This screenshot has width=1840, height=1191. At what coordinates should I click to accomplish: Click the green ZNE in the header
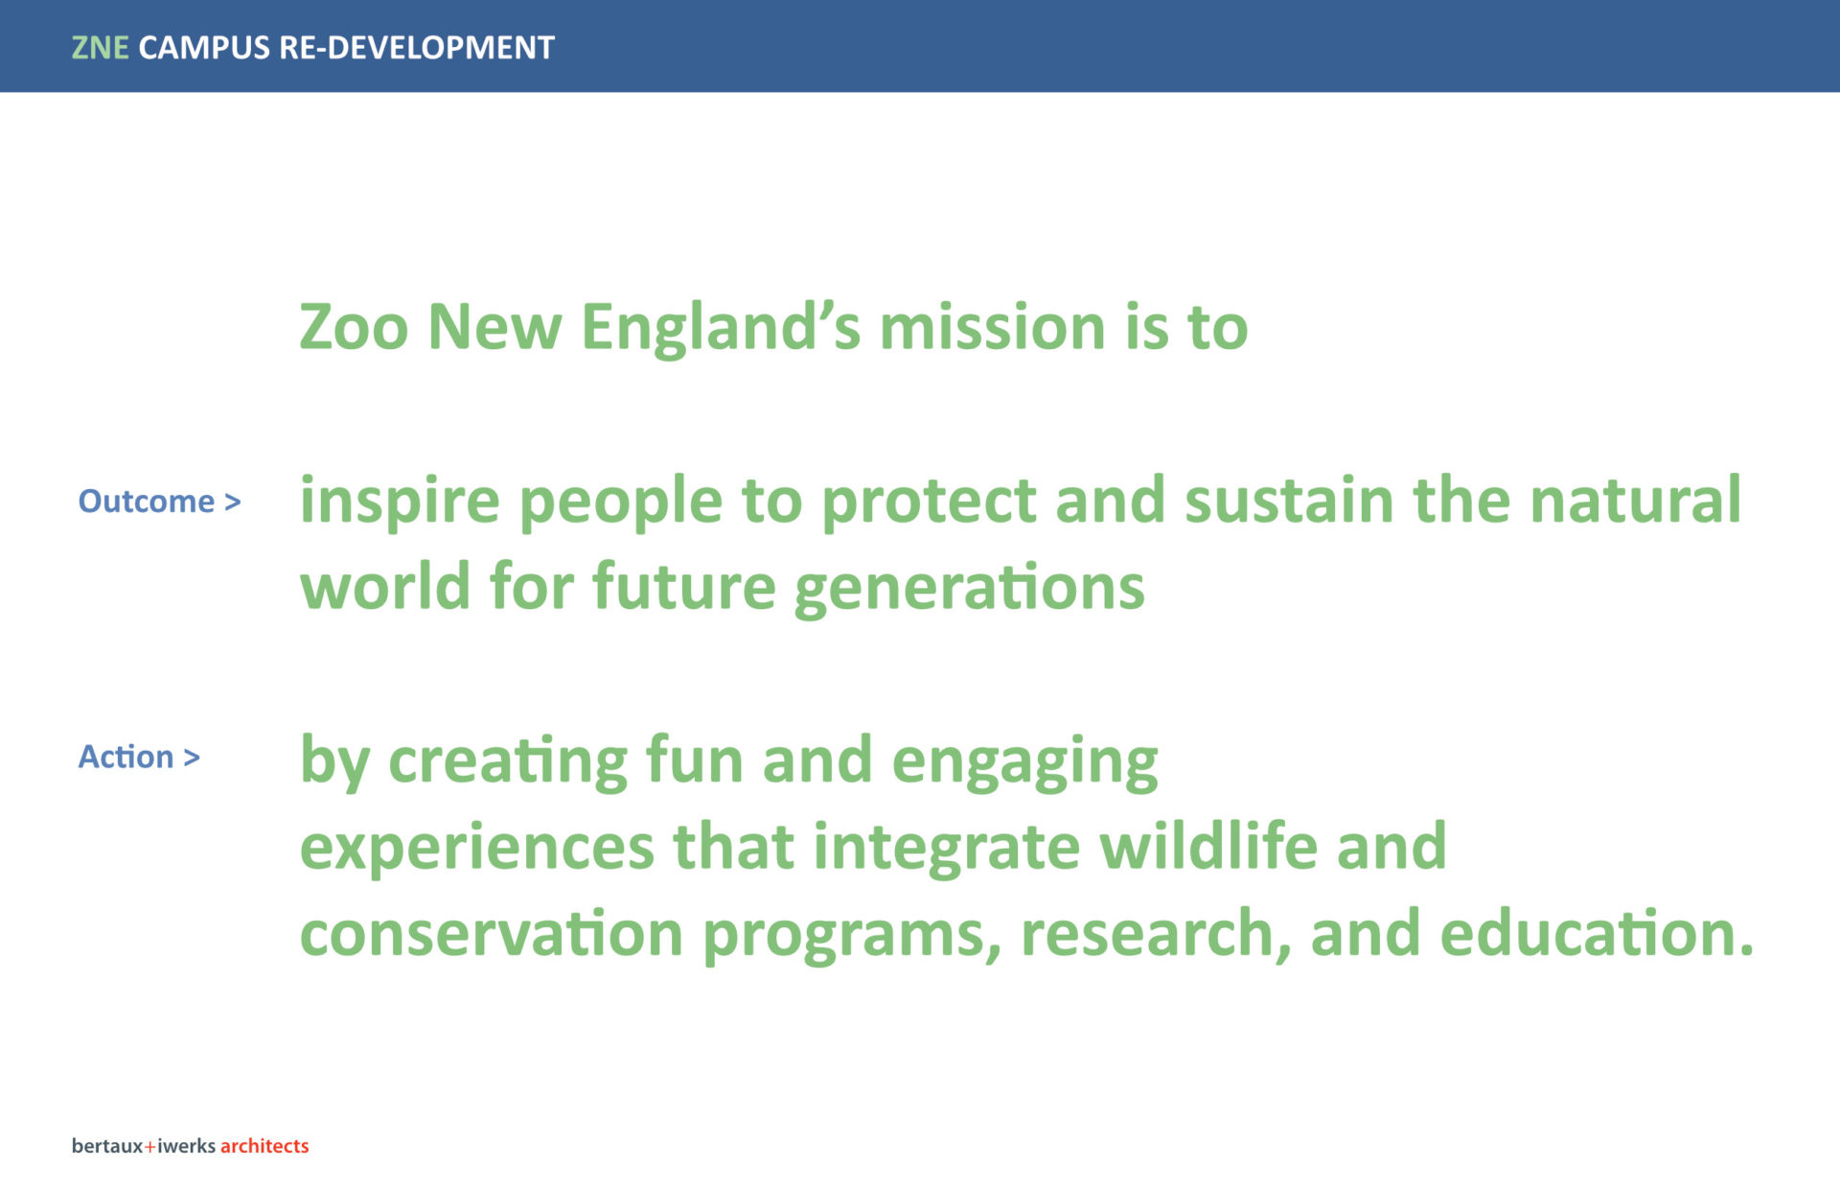(x=101, y=47)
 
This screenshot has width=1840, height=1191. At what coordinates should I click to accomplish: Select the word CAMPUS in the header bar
(x=204, y=47)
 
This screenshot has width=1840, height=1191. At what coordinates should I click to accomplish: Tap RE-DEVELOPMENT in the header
(x=417, y=47)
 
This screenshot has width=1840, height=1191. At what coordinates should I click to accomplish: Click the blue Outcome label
(x=147, y=501)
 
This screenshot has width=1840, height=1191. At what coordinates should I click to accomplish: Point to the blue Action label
(x=126, y=757)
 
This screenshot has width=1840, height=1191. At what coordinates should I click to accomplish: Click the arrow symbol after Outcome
(x=232, y=502)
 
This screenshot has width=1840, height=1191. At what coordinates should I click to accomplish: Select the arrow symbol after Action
(x=192, y=758)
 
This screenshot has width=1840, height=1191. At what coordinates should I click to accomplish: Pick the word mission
(x=993, y=327)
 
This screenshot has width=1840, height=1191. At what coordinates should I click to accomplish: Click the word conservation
(x=492, y=934)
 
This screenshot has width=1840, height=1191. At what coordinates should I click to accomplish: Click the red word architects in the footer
(x=264, y=1146)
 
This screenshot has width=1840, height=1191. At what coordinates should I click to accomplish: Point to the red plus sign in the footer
(x=149, y=1147)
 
